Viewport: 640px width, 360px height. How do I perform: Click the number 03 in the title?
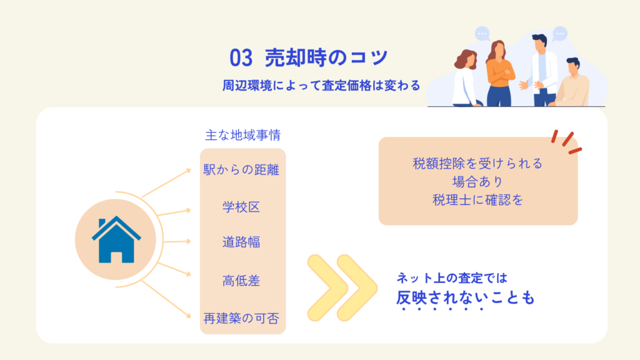241,57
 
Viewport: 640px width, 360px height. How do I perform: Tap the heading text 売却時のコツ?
326,57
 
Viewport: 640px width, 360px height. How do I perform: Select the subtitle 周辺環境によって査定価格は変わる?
321,85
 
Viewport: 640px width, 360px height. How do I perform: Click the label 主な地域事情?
243,135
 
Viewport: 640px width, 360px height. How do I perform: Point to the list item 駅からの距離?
241,169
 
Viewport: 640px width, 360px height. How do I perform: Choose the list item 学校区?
241,207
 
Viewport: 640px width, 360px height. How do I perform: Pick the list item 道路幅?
241,242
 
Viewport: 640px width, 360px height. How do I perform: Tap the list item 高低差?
241,281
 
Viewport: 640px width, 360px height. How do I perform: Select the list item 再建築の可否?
241,318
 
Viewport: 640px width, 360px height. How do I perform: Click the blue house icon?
116,239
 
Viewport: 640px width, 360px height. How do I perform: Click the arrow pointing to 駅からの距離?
166,183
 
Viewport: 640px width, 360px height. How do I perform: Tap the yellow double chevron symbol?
342,287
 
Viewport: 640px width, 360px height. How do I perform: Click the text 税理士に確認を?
477,200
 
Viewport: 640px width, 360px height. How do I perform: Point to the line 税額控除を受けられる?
477,164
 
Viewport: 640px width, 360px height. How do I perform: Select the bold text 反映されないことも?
465,297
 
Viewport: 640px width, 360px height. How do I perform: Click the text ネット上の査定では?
452,278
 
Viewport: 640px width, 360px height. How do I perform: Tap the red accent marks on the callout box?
566,142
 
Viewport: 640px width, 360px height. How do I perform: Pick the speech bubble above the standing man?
559,34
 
